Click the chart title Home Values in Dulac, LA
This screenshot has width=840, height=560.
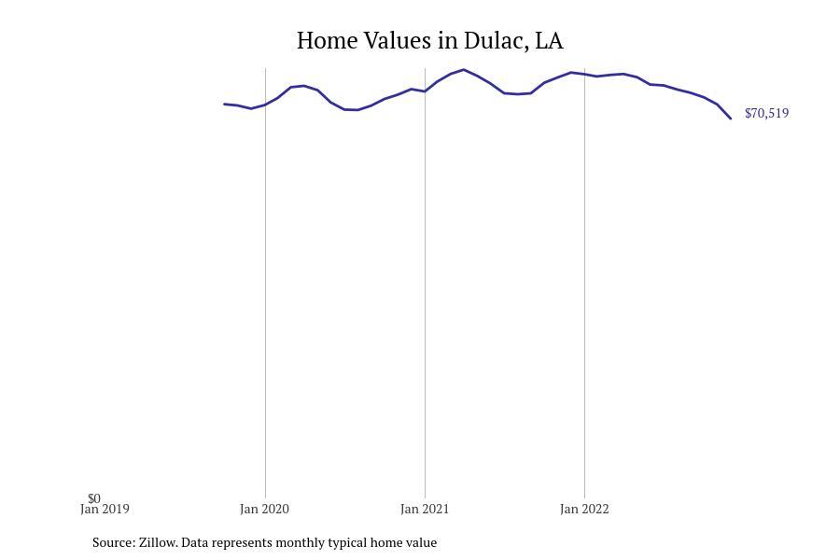[429, 41]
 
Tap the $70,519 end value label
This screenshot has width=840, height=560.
[766, 113]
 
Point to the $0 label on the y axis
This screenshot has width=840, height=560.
[94, 498]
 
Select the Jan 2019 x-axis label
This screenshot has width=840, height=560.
[105, 509]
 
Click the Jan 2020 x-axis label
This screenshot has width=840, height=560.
[264, 509]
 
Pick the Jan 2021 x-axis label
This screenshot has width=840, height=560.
[425, 509]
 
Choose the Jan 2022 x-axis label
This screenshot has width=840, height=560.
[584, 509]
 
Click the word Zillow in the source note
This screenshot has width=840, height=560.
[158, 542]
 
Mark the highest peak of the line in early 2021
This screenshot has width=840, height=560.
[464, 70]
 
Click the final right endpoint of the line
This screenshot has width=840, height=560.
[731, 119]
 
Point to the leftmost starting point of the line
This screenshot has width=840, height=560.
[224, 104]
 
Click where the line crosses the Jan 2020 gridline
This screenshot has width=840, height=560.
[265, 105]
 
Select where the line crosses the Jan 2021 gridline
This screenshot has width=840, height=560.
[425, 91]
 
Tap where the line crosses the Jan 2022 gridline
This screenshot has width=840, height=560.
[584, 74]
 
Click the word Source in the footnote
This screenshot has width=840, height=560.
[114, 542]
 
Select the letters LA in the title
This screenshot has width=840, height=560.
[550, 41]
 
